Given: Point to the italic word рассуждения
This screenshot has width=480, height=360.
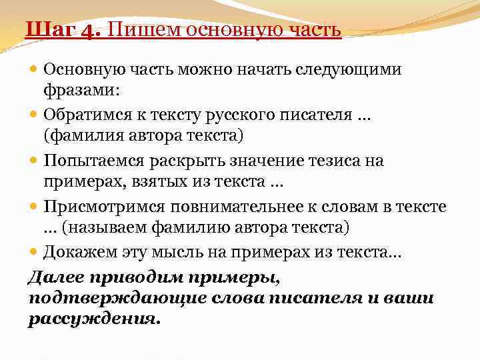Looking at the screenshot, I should (x=94, y=319).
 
